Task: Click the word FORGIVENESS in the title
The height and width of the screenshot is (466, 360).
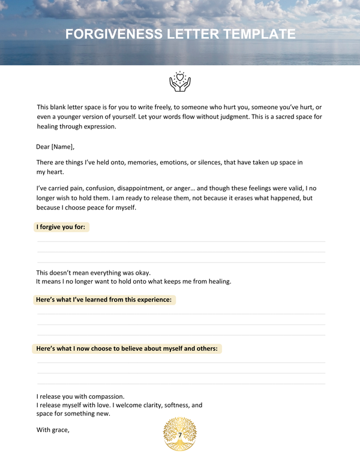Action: click(110, 34)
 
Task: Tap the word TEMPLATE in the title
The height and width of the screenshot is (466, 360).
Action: click(259, 34)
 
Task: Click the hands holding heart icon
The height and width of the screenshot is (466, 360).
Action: click(179, 82)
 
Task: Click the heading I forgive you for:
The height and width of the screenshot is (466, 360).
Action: click(62, 227)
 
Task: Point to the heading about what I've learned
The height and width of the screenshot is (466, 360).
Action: click(104, 299)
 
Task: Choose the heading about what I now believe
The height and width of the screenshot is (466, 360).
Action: click(127, 348)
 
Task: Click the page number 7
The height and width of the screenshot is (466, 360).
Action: click(180, 434)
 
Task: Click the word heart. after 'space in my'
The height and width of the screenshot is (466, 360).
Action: click(55, 172)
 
